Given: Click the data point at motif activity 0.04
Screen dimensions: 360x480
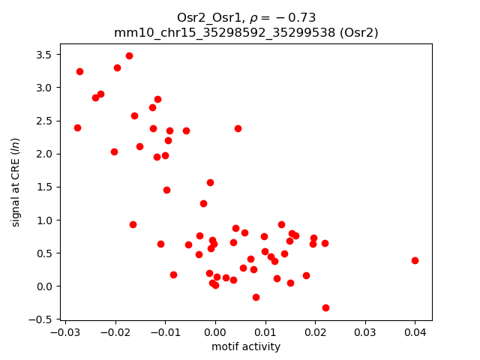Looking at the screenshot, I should click(x=415, y=260).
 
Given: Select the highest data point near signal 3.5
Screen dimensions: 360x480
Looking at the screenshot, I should click(x=129, y=55).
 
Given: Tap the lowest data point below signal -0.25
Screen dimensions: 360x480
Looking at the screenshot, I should click(x=325, y=307).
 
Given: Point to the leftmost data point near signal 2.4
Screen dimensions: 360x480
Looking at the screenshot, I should click(x=77, y=127).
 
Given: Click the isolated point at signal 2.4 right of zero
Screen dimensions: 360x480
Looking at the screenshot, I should click(x=238, y=128).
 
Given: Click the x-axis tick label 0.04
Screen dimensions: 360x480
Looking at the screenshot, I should click(x=415, y=332).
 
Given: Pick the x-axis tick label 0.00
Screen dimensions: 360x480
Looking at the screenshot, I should click(x=215, y=332).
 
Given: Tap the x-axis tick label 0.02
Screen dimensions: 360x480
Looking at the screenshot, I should click(x=315, y=332).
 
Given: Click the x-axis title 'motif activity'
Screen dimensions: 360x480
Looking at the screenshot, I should click(x=245, y=346).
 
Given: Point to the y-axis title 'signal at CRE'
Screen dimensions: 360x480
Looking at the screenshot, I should click(x=16, y=181).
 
